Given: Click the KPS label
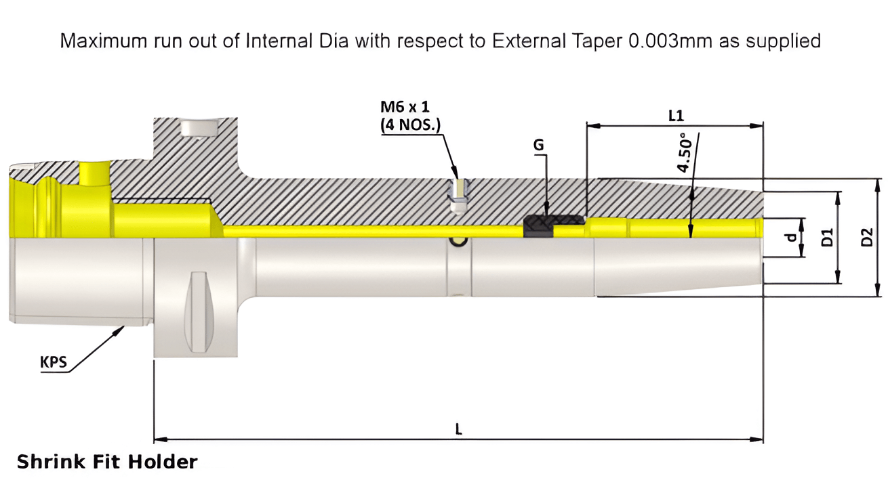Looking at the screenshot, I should tap(54, 362).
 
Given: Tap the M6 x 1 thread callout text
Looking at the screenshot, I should tap(405, 107).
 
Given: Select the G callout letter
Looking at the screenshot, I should tap(539, 145).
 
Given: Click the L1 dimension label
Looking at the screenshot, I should tap(675, 116).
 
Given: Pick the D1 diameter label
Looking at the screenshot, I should tap(827, 238).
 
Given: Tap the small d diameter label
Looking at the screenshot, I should tap(789, 238).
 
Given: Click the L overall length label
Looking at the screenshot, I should tap(459, 429).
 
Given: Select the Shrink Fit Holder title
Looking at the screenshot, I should tap(107, 462).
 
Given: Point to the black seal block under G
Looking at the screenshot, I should tap(539, 226).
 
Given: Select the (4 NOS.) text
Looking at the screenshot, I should tap(410, 125).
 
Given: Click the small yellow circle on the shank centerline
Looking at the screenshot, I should tap(460, 241).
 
